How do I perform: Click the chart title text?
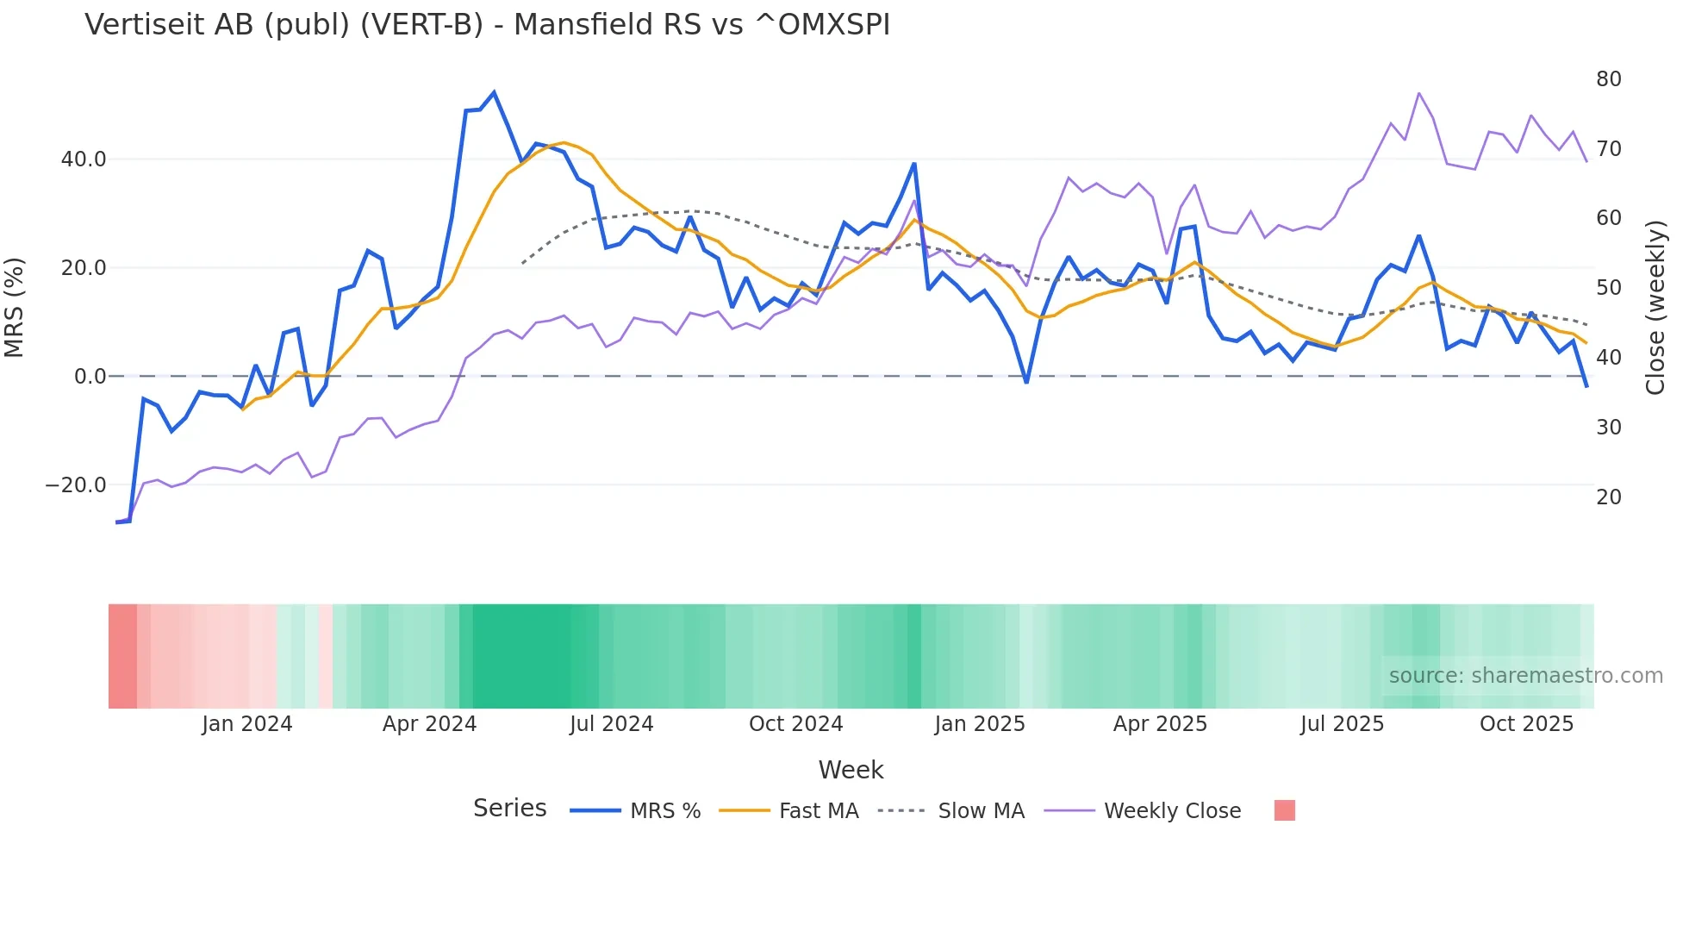click(487, 25)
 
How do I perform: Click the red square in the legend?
click(1284, 810)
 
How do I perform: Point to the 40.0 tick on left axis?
click(84, 159)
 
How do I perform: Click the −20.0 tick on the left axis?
click(76, 485)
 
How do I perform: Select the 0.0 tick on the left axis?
click(90, 377)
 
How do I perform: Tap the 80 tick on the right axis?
click(1608, 79)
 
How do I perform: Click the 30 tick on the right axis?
click(1608, 428)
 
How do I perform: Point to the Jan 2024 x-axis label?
click(247, 724)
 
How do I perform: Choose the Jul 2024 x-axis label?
click(611, 724)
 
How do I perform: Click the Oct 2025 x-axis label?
click(1526, 724)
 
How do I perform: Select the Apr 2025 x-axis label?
click(1160, 724)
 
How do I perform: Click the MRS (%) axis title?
click(15, 308)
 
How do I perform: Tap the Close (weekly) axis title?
click(1655, 308)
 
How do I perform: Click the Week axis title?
click(851, 770)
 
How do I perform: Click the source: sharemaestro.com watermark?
click(1525, 676)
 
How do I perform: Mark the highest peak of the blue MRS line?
click(494, 92)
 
